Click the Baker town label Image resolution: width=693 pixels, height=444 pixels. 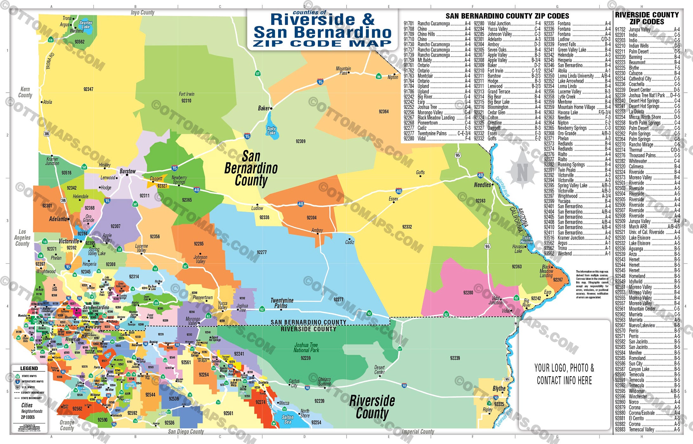tap(264, 108)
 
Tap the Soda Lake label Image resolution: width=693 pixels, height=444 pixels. tap(271, 131)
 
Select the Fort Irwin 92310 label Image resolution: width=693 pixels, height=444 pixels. tap(186, 97)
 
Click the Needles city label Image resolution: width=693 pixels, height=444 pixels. tap(482, 185)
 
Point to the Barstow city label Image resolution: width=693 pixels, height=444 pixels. tap(127, 171)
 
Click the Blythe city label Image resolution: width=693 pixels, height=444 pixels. tap(499, 388)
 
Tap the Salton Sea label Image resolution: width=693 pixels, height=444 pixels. tap(287, 420)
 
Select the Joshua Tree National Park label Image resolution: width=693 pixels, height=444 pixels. tap(306, 348)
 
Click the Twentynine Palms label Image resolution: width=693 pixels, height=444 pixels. tap(282, 303)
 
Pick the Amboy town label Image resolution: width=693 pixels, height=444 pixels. tap(317, 230)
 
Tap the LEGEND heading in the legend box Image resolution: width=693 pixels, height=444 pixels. tap(29, 369)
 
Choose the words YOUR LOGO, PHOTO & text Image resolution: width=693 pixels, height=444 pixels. tap(564, 368)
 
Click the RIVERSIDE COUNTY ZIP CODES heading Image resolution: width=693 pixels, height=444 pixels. tap(647, 18)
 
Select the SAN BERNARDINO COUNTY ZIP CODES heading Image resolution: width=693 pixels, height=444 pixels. tap(507, 16)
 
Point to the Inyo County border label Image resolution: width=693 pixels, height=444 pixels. tap(142, 13)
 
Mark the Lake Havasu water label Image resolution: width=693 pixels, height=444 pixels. tap(526, 240)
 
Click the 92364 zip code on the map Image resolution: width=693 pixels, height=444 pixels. tap(383, 112)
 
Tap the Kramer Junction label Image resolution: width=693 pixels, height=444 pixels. tap(52, 161)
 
